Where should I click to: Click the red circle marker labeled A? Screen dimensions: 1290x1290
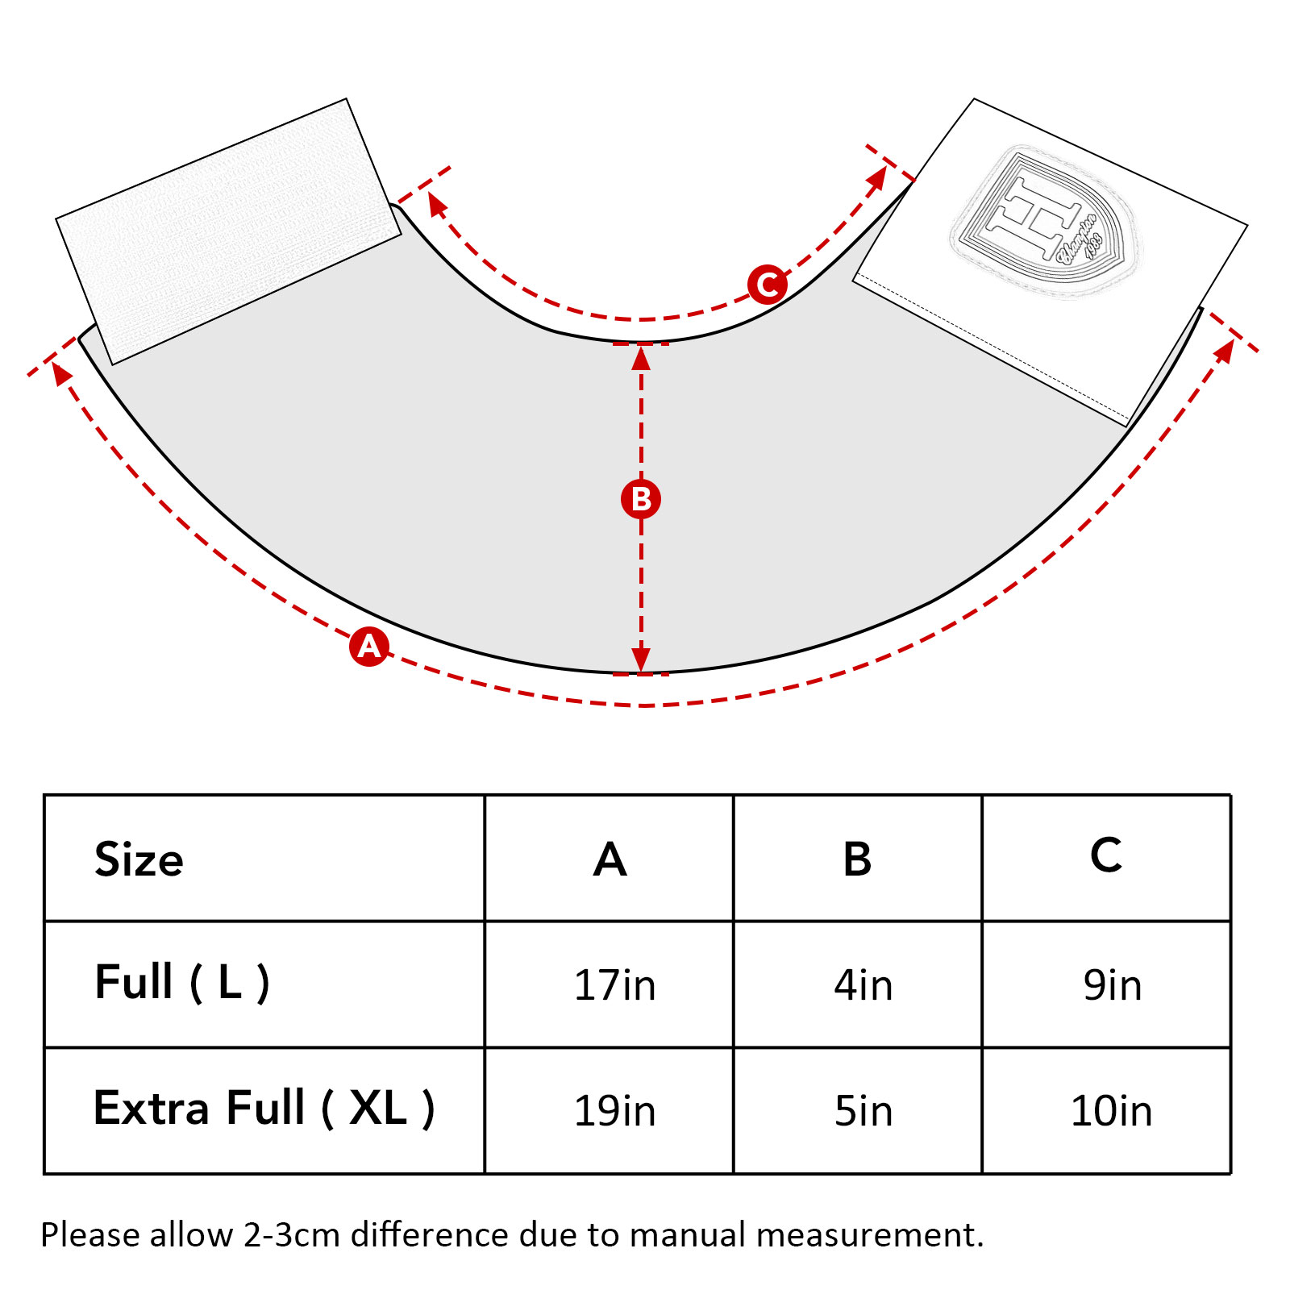pyautogui.click(x=369, y=646)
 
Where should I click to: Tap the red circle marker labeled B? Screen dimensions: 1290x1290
pyautogui.click(x=641, y=499)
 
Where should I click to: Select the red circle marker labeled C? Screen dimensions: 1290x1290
pyautogui.click(x=767, y=285)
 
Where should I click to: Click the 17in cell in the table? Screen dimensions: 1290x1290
pyautogui.click(x=614, y=985)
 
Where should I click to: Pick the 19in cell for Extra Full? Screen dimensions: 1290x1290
pyautogui.click(x=614, y=1111)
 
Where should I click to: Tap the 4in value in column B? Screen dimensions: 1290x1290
pyautogui.click(x=863, y=985)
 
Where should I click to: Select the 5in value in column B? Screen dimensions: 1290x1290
pyautogui.click(x=863, y=1111)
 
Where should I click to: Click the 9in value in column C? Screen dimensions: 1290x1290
pyautogui.click(x=1113, y=985)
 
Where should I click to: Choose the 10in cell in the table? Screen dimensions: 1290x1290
pyautogui.click(x=1111, y=1111)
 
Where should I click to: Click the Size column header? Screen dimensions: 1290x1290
pyautogui.click(x=139, y=859)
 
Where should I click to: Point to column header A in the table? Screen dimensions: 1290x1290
pyautogui.click(x=610, y=859)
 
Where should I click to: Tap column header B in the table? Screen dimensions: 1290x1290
pyautogui.click(x=857, y=859)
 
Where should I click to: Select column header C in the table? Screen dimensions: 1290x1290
pyautogui.click(x=1106, y=855)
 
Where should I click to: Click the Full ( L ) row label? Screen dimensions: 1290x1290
pyautogui.click(x=182, y=982)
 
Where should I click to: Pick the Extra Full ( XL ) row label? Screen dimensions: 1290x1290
pyautogui.click(x=264, y=1109)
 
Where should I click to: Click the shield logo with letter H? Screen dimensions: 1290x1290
pyautogui.click(x=1044, y=220)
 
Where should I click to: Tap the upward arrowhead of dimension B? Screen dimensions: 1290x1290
pyautogui.click(x=641, y=357)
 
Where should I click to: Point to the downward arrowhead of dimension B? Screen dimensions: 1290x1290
pyautogui.click(x=641, y=660)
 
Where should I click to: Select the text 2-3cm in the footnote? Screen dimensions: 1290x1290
pyautogui.click(x=292, y=1235)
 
